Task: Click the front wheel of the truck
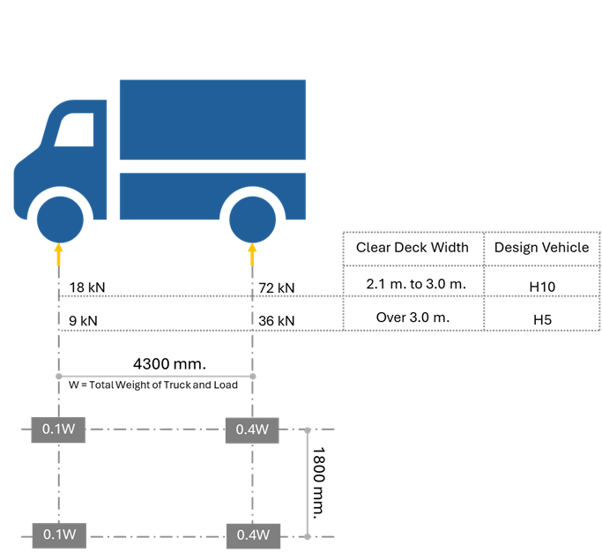[59, 220]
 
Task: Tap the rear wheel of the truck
[253, 220]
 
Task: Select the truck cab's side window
[76, 131]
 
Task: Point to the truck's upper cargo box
[212, 119]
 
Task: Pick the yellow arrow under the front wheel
[59, 254]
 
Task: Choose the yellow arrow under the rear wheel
[253, 254]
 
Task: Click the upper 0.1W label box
[58, 430]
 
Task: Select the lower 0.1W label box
[59, 535]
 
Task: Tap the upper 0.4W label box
[253, 430]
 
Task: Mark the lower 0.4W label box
[253, 535]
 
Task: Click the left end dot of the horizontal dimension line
[59, 377]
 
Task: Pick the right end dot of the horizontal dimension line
[253, 377]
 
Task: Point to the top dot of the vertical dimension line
[308, 430]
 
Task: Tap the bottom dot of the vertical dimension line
[308, 536]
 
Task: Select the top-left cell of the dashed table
[412, 249]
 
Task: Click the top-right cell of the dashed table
[541, 249]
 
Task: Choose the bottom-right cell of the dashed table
[541, 312]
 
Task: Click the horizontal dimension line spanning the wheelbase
[156, 377]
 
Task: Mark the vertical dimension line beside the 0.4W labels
[308, 483]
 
